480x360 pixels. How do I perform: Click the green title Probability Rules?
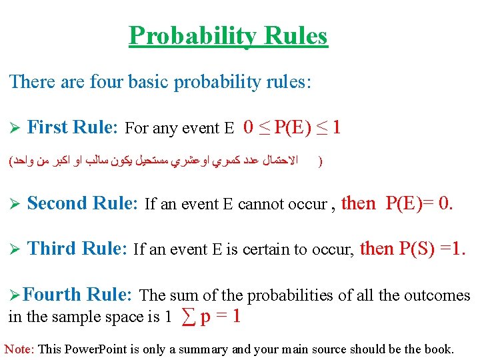click(x=228, y=36)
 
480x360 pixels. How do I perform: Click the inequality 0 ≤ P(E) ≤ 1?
click(x=292, y=127)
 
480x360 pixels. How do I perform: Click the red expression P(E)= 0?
click(x=419, y=203)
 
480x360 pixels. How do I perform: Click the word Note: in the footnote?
click(x=20, y=349)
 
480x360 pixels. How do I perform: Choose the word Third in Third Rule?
click(x=52, y=249)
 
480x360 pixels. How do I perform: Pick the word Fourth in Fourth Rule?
click(x=56, y=295)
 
